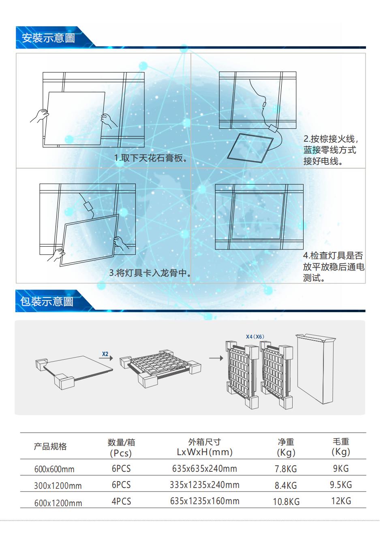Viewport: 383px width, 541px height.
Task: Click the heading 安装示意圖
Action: (x=48, y=38)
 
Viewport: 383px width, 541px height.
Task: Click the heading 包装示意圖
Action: (x=47, y=302)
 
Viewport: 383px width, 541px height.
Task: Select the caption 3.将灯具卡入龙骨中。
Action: (x=150, y=273)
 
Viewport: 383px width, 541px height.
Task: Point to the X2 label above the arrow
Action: (x=105, y=354)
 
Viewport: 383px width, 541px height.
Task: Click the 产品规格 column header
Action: (x=50, y=447)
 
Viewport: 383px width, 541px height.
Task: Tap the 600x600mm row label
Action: (x=54, y=469)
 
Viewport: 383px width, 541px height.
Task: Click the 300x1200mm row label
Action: (x=58, y=486)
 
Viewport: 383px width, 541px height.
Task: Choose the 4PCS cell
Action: (x=121, y=501)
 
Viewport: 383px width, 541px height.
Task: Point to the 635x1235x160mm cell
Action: (x=205, y=501)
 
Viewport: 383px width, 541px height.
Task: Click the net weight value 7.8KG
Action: (x=286, y=469)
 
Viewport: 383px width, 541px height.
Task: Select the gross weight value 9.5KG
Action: (x=341, y=485)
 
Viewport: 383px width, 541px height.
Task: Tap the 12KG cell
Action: (x=341, y=501)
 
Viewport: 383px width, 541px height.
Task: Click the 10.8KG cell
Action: (x=286, y=502)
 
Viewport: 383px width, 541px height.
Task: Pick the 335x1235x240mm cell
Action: (x=205, y=485)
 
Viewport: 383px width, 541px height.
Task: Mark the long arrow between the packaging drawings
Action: (x=216, y=358)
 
